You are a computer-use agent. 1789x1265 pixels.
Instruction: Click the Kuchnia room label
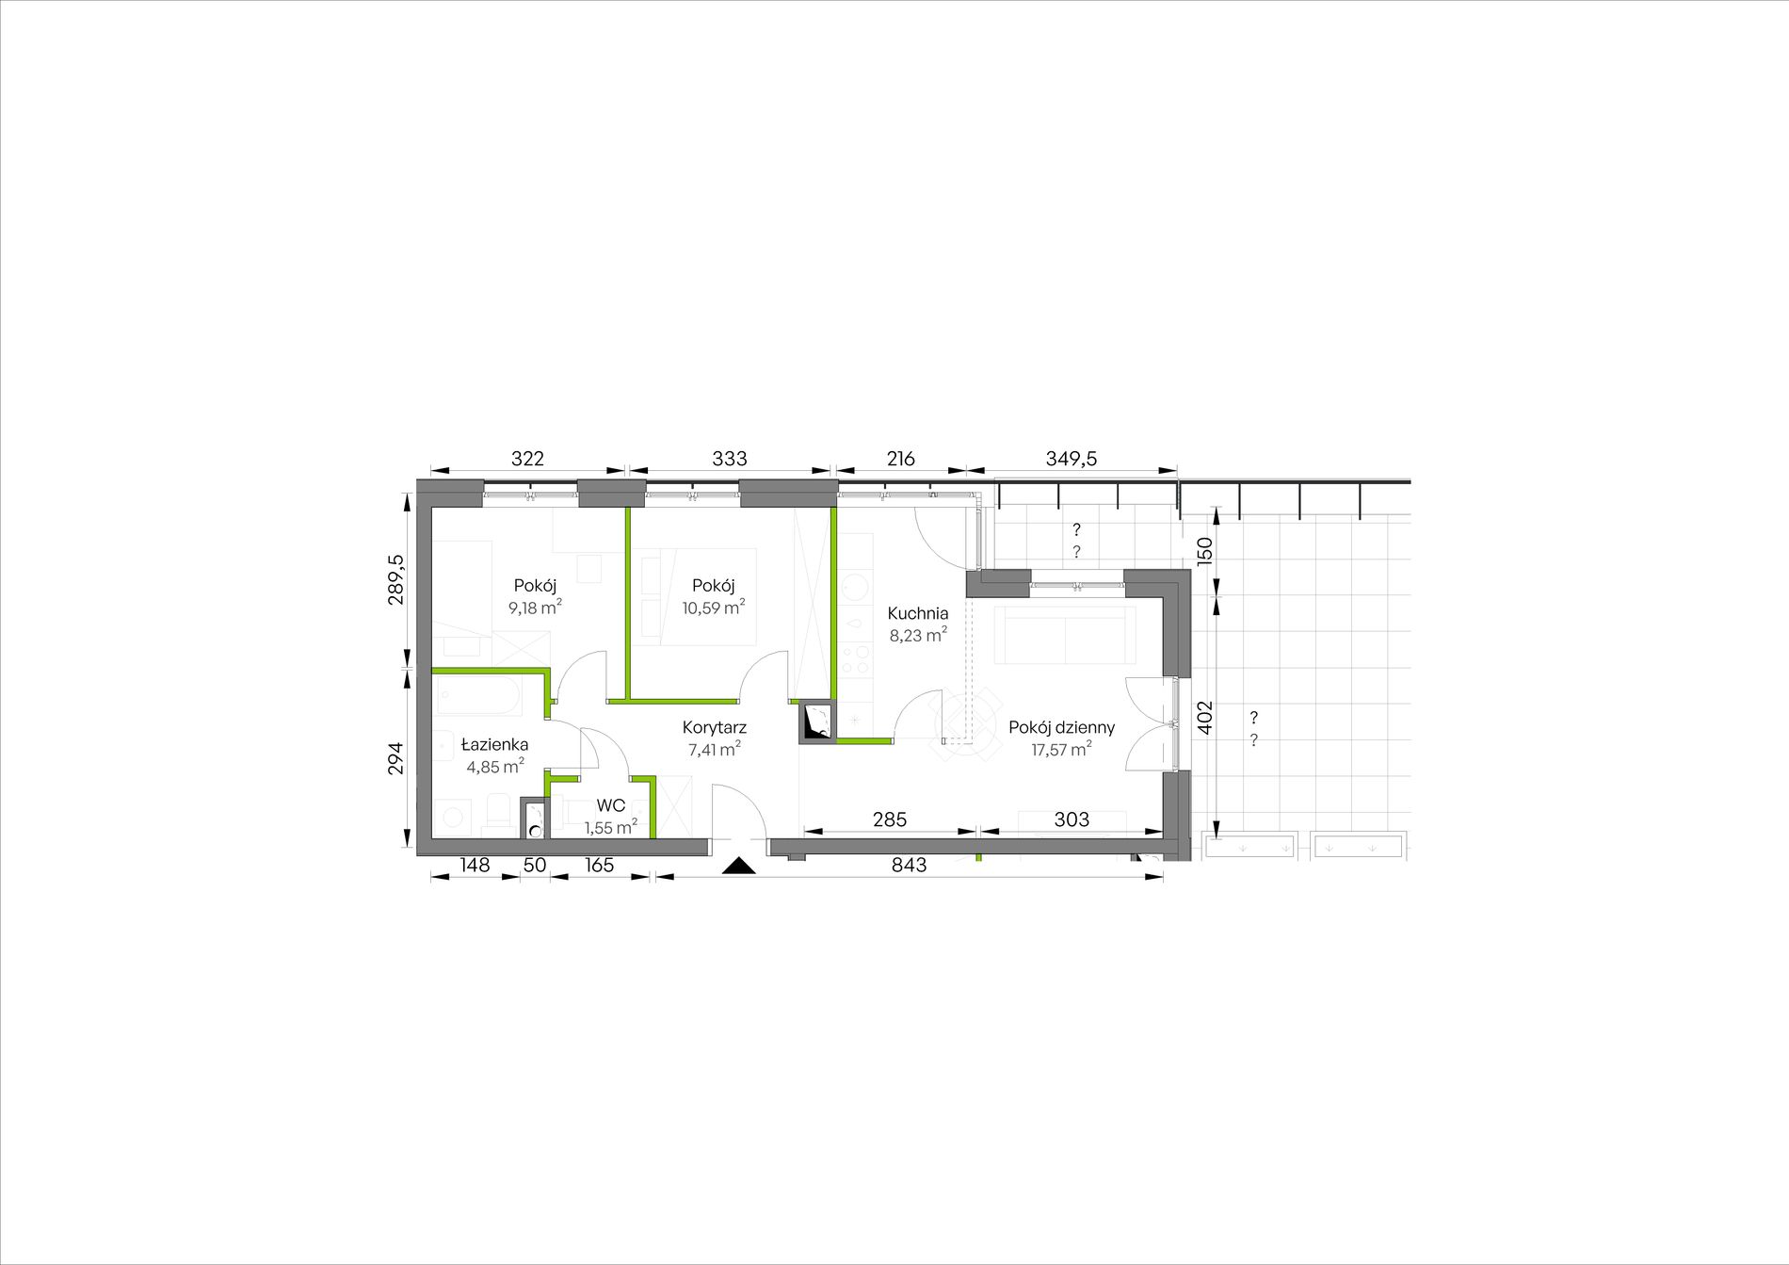coord(917,614)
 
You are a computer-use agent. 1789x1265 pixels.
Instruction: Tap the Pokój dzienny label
coord(1061,728)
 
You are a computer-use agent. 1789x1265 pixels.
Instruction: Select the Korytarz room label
coord(715,728)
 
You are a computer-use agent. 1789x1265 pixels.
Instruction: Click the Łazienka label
coord(494,745)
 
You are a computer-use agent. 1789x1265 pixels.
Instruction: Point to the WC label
coord(611,807)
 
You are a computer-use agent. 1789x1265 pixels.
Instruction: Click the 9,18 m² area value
coord(535,608)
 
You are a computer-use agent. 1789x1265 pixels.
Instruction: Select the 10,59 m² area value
coord(714,608)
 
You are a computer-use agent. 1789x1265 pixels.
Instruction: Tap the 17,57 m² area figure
coord(1061,750)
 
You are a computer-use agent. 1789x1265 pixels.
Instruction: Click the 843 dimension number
coord(909,865)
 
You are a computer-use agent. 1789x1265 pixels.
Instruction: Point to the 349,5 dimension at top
coord(1072,459)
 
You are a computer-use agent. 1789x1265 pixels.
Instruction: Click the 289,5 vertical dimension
coord(396,579)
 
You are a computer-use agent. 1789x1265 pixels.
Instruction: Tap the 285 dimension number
coord(890,819)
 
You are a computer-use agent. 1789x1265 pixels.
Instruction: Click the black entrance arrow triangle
coord(740,866)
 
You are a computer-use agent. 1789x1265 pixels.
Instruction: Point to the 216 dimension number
coord(900,459)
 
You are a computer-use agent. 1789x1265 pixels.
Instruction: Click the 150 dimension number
coord(1205,549)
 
